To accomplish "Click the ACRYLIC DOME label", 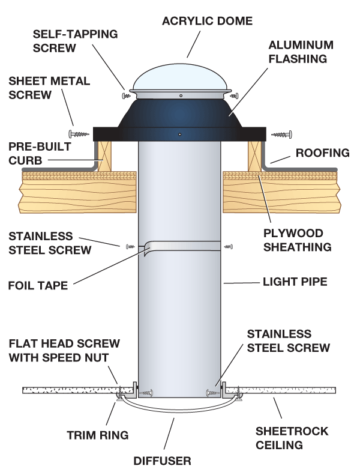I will (208, 21).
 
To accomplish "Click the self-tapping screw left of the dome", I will (127, 95).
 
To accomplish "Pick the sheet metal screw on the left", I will (78, 133).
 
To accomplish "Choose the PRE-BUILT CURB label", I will (40, 153).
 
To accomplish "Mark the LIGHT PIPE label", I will (292, 281).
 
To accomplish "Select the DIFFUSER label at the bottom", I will (162, 461).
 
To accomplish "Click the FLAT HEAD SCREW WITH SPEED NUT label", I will (64, 351).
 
